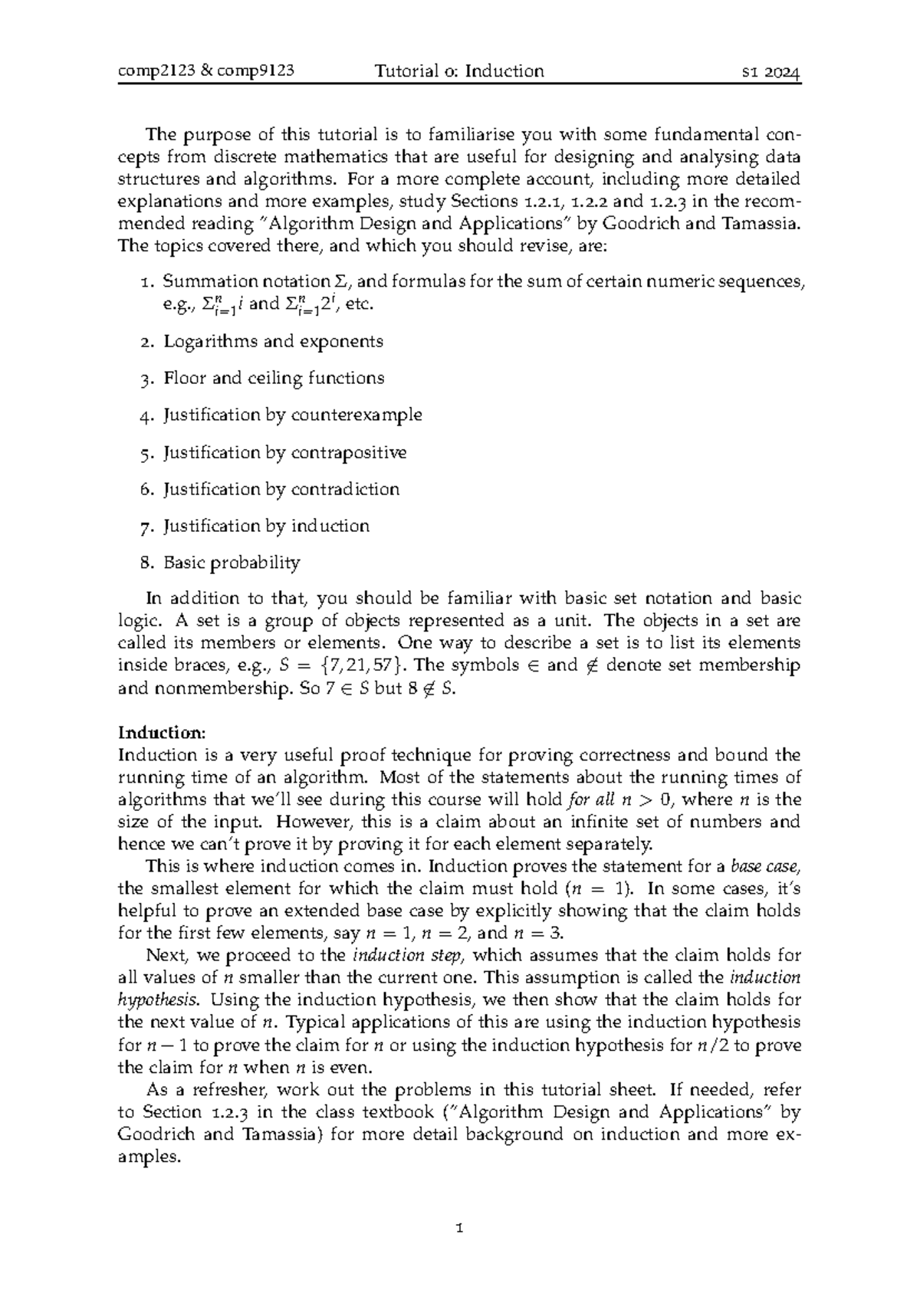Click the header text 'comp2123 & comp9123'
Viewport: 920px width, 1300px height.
(206, 72)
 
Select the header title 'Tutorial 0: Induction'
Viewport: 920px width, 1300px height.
(459, 72)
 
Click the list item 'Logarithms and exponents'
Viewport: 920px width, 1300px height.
(273, 342)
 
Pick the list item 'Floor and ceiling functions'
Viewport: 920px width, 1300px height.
(274, 379)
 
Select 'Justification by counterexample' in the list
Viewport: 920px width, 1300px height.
(292, 415)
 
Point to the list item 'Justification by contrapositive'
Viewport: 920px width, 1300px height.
(284, 453)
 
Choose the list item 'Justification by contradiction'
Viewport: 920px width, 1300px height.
(281, 490)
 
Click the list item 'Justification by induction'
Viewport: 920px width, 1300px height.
(266, 527)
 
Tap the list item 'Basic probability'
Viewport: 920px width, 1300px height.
(232, 563)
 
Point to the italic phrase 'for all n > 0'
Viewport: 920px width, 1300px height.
(617, 800)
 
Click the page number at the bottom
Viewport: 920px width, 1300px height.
(460, 1229)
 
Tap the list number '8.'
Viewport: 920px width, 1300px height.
(147, 563)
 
